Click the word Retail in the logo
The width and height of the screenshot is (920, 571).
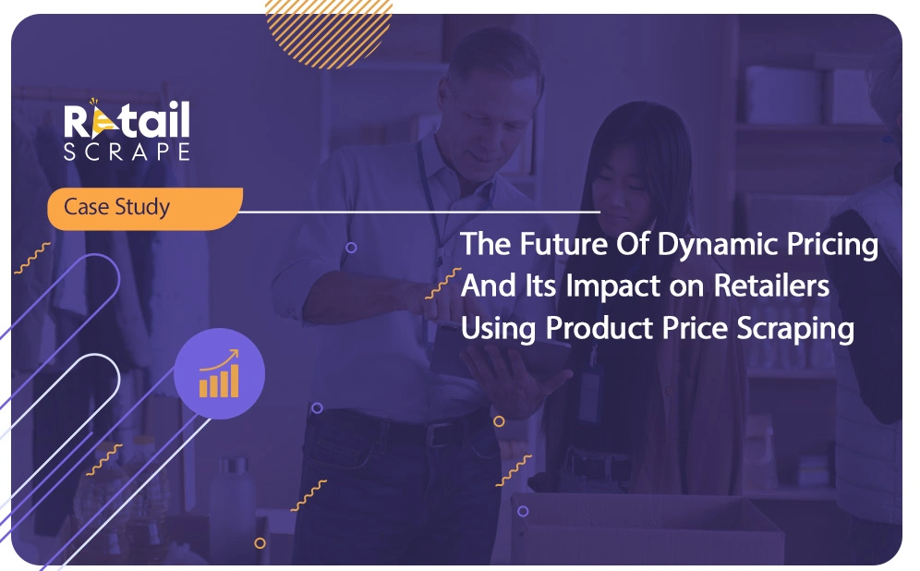click(x=127, y=119)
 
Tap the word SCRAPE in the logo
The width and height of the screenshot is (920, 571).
click(x=127, y=152)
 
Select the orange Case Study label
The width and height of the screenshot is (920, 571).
click(x=145, y=208)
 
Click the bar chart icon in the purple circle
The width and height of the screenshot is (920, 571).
click(x=219, y=374)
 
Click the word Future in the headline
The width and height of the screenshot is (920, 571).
click(x=563, y=244)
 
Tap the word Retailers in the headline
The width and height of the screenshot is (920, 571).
click(x=771, y=285)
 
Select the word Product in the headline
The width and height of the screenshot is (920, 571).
click(x=599, y=327)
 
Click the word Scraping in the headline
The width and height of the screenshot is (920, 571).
click(x=795, y=329)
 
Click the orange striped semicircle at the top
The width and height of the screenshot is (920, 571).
click(x=329, y=30)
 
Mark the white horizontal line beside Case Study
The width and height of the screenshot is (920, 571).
click(x=419, y=212)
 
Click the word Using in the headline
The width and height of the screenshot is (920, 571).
click(x=498, y=329)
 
